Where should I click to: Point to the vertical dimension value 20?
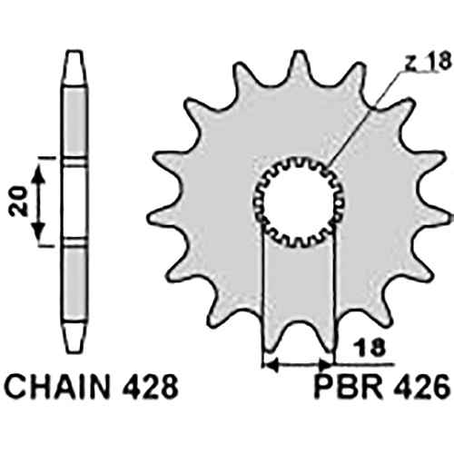[19, 202]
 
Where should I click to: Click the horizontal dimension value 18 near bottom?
[370, 347]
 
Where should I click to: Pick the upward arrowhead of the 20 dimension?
[39, 174]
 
